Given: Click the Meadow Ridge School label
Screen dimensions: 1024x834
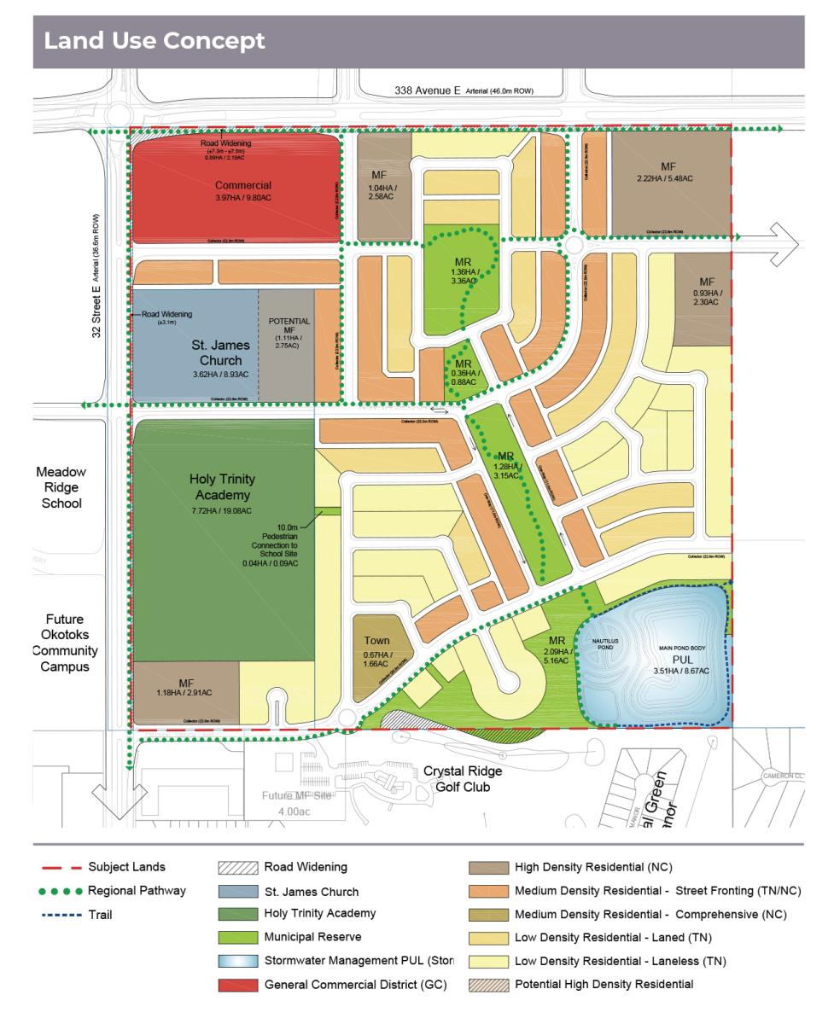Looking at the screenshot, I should [x=61, y=487].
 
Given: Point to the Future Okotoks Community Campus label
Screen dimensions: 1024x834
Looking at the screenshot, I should [x=65, y=643].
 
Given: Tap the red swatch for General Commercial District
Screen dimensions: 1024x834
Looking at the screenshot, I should [x=238, y=984].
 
